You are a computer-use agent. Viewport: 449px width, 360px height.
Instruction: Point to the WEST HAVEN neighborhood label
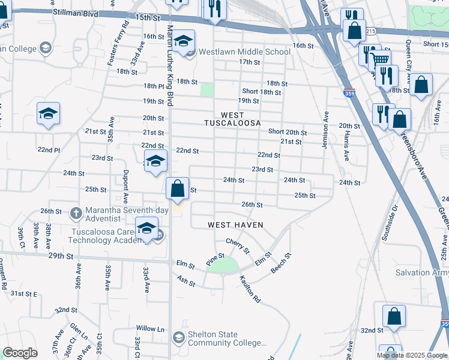[235, 224]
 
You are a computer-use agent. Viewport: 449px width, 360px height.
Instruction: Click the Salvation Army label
[421, 272]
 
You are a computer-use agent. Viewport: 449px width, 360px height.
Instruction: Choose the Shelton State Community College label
[227, 339]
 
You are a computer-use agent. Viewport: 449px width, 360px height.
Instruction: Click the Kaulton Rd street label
[250, 289]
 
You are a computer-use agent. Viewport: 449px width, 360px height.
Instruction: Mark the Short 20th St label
[288, 132]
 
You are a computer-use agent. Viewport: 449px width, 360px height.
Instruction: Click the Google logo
[20, 353]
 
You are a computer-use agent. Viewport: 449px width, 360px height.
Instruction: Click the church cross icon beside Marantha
[76, 212]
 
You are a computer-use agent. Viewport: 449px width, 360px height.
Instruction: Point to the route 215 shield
[370, 31]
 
